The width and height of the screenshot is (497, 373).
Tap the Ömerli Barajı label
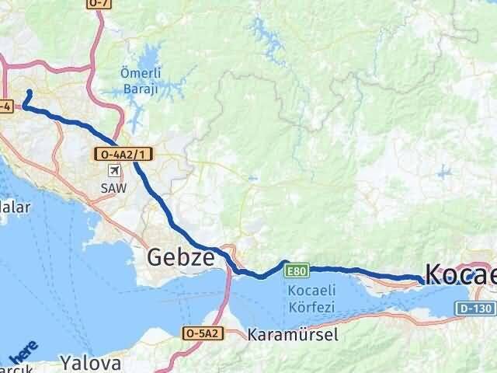click(x=140, y=82)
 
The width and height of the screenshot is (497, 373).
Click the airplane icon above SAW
click(x=115, y=171)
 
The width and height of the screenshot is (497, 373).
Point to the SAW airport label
click(x=113, y=187)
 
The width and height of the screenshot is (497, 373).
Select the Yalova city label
click(x=92, y=362)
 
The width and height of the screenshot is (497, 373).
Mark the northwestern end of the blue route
click(x=30, y=92)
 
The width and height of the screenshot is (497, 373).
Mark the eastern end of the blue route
click(x=423, y=281)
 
